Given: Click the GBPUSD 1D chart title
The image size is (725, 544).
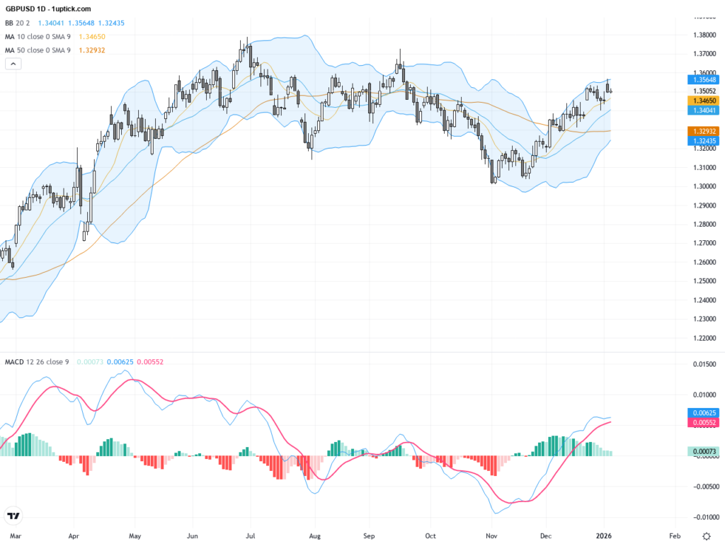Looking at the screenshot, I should [x=48, y=8].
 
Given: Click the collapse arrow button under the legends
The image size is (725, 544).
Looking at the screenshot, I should [x=13, y=64].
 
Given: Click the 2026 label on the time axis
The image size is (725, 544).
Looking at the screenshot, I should [x=604, y=537].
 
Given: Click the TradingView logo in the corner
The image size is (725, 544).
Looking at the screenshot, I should [x=13, y=516].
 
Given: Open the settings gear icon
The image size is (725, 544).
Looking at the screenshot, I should [x=705, y=536].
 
